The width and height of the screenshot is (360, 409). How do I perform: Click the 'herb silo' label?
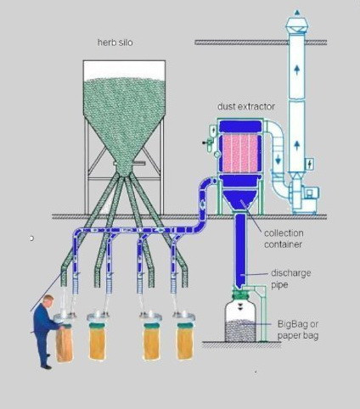(x=115, y=42)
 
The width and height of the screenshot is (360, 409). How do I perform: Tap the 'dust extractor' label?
(x=246, y=106)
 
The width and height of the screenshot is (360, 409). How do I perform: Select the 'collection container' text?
(x=284, y=238)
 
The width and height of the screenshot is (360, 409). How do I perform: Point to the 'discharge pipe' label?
(x=291, y=279)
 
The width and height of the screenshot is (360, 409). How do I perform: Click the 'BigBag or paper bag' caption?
(x=298, y=330)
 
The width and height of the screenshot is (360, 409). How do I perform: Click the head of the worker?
(x=48, y=301)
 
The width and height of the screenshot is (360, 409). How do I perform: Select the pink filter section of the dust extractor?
(x=240, y=153)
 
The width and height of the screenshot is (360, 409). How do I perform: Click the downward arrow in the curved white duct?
(x=278, y=160)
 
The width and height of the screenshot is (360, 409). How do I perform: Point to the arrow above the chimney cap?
(x=297, y=13)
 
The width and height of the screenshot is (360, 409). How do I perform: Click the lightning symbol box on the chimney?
(x=309, y=164)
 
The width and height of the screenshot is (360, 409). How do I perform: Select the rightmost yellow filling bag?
(x=185, y=341)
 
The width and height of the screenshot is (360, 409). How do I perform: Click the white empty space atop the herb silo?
(x=124, y=70)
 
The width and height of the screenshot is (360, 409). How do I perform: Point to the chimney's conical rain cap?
(x=297, y=25)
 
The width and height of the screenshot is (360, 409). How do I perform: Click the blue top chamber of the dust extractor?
(x=240, y=126)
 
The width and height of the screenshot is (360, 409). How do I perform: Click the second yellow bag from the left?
(x=98, y=342)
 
